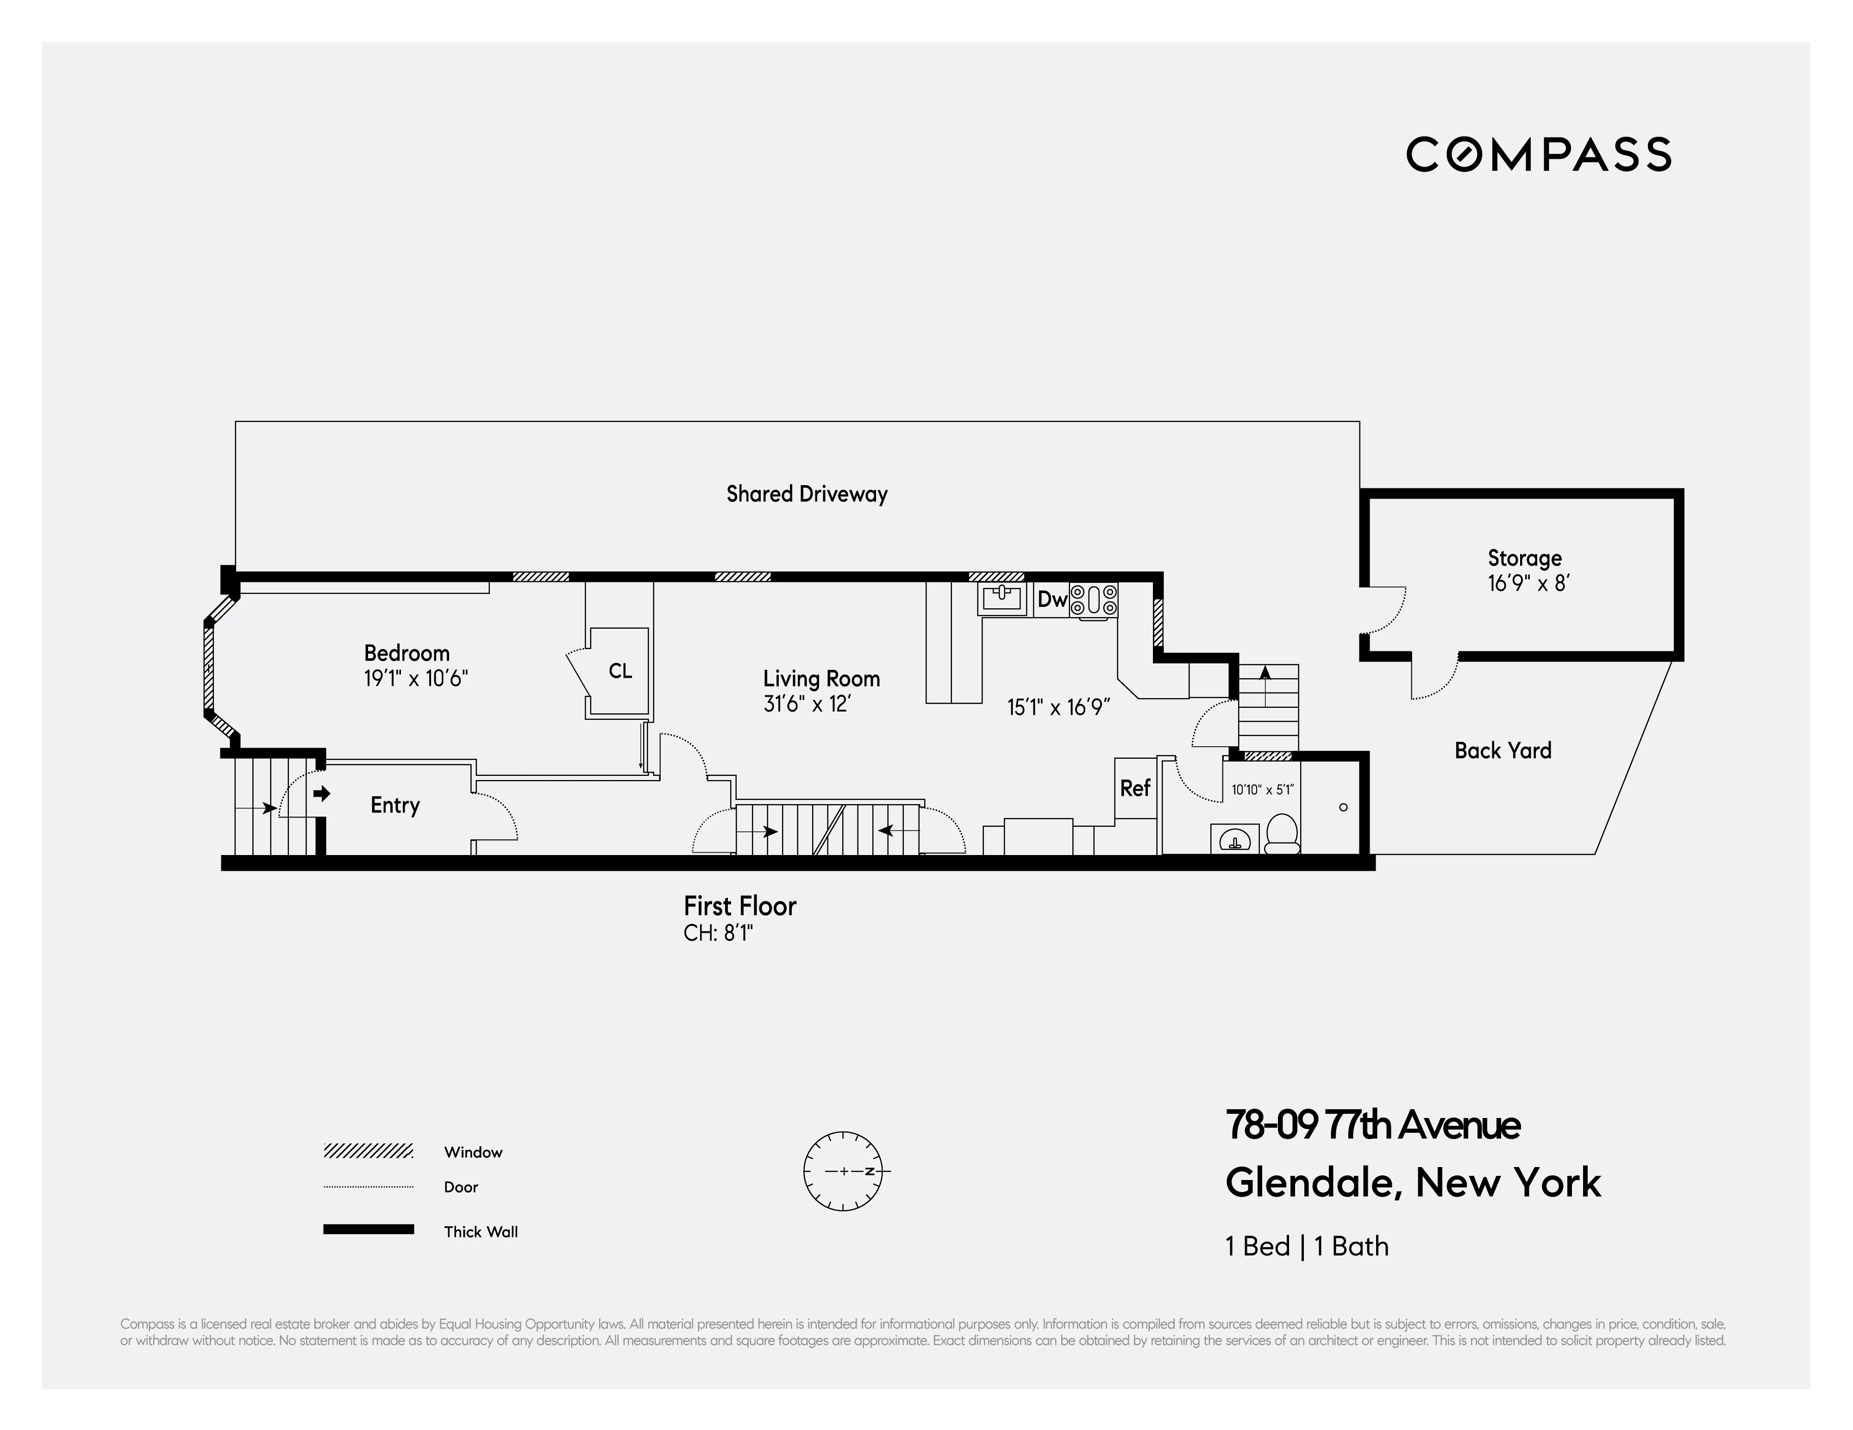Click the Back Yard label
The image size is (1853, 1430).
pyautogui.click(x=1502, y=750)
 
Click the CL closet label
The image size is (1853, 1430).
pyautogui.click(x=620, y=671)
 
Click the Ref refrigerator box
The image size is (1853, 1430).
pyautogui.click(x=1135, y=788)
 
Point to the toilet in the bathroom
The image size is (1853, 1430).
pyautogui.click(x=1281, y=834)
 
